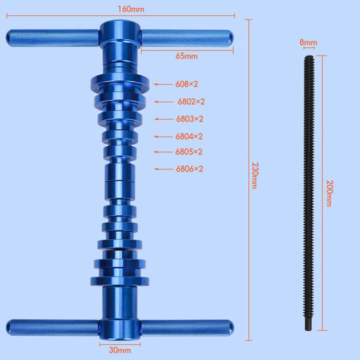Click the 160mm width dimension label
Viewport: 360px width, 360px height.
pyautogui.click(x=121, y=8)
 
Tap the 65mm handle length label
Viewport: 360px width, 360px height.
pyautogui.click(x=186, y=56)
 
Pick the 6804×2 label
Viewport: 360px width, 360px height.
pyautogui.click(x=190, y=136)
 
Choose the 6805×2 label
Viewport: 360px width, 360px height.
pyautogui.click(x=190, y=151)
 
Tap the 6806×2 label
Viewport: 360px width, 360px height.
pyautogui.click(x=190, y=169)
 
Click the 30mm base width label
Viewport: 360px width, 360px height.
pyautogui.click(x=119, y=349)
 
